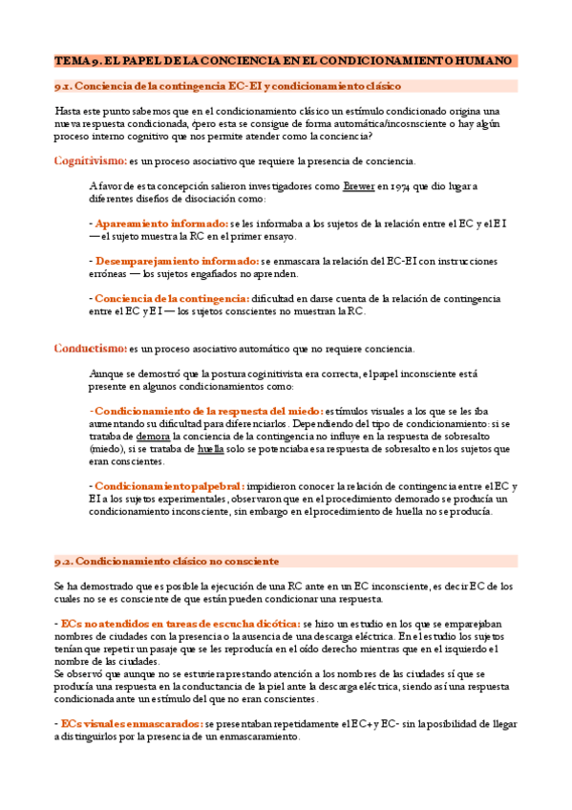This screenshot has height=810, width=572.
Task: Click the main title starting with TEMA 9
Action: tap(285, 61)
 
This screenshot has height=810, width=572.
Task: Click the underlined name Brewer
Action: tap(358, 186)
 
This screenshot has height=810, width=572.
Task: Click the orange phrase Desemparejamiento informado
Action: tap(176, 261)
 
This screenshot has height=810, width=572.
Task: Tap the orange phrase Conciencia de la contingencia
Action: tap(171, 298)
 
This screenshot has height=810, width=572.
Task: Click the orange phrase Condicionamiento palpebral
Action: tap(169, 485)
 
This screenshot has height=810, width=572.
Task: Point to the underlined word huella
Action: tap(212, 448)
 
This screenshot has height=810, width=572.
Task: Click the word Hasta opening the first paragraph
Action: tap(70, 111)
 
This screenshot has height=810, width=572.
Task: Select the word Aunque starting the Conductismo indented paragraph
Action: tap(106, 373)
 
